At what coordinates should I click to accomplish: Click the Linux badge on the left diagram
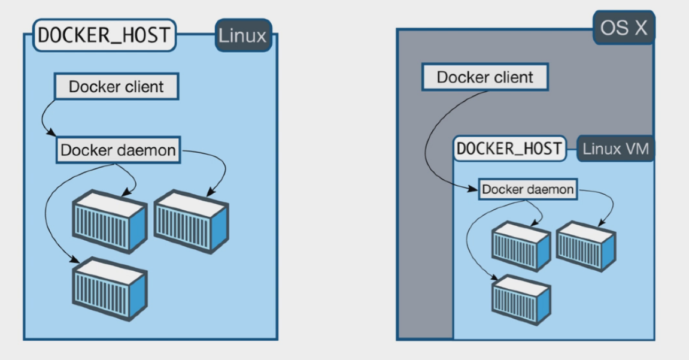pyautogui.click(x=242, y=35)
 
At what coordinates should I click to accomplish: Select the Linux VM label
pyautogui.click(x=615, y=149)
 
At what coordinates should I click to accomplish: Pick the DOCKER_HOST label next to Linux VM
pyautogui.click(x=509, y=149)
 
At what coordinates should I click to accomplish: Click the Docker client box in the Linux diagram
pyautogui.click(x=116, y=87)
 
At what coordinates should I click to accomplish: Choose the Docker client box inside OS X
pyautogui.click(x=485, y=77)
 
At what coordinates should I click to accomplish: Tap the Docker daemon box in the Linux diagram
pyautogui.click(x=119, y=150)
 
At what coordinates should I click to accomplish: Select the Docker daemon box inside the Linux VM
pyautogui.click(x=528, y=190)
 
